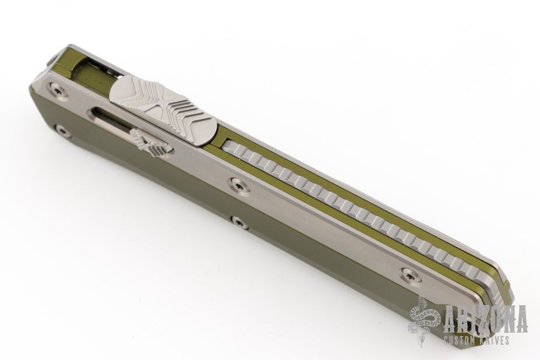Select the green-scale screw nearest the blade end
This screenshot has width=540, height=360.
click(x=62, y=131)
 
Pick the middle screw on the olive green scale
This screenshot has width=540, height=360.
click(x=239, y=223)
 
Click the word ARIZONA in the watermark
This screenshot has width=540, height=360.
click(x=486, y=319)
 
